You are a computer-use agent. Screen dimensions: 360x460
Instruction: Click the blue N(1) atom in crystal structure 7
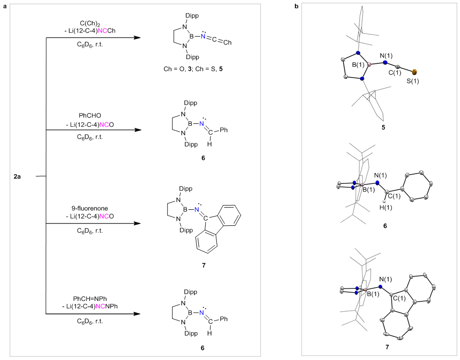click(380, 287)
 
